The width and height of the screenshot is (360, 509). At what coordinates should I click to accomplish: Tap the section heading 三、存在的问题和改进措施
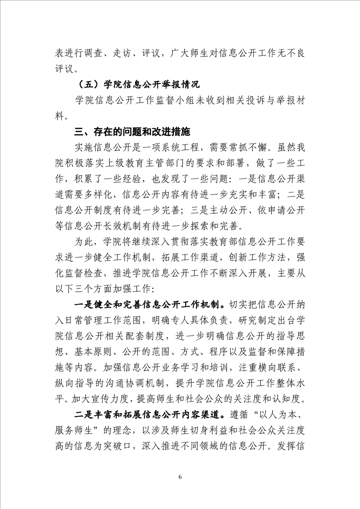[x=132, y=132]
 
